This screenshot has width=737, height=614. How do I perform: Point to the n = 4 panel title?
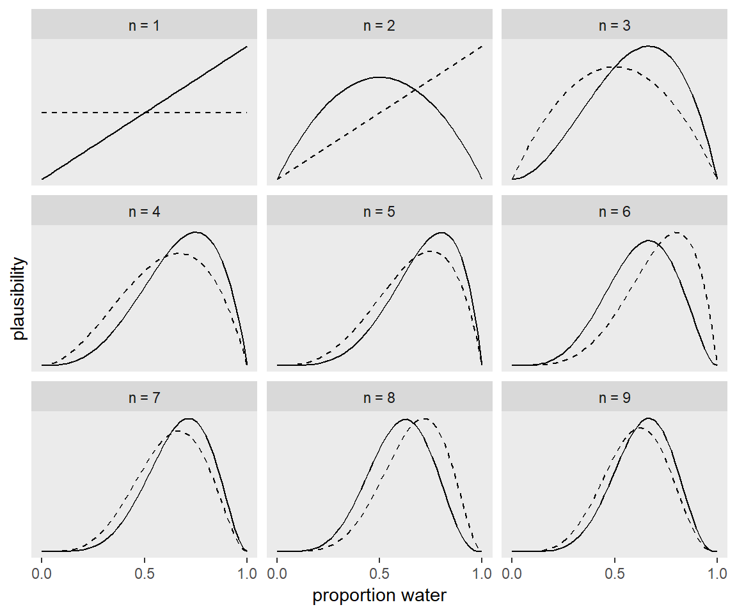pyautogui.click(x=144, y=212)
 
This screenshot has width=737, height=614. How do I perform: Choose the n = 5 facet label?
pyautogui.click(x=379, y=212)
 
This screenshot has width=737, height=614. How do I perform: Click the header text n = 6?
pyautogui.click(x=614, y=212)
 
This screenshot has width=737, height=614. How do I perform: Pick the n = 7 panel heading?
pyautogui.click(x=144, y=397)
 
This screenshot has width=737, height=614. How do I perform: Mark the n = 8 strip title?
pyautogui.click(x=379, y=397)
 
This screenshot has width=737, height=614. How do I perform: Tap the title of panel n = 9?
pyautogui.click(x=614, y=397)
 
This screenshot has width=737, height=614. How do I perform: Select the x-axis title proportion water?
pyautogui.click(x=379, y=595)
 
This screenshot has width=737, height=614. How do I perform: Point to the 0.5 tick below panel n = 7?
pyautogui.click(x=145, y=573)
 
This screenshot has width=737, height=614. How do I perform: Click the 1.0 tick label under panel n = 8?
pyautogui.click(x=482, y=573)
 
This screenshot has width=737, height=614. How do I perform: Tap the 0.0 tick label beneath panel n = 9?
pyautogui.click(x=512, y=573)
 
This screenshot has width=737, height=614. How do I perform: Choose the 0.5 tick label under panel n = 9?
pyautogui.click(x=615, y=573)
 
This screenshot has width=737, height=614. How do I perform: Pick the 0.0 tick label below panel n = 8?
pyautogui.click(x=277, y=573)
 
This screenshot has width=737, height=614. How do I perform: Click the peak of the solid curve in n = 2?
pyautogui.click(x=379, y=77)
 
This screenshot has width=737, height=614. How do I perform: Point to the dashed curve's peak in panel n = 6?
pyautogui.click(x=676, y=233)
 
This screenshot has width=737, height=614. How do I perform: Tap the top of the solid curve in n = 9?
pyautogui.click(x=649, y=418)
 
